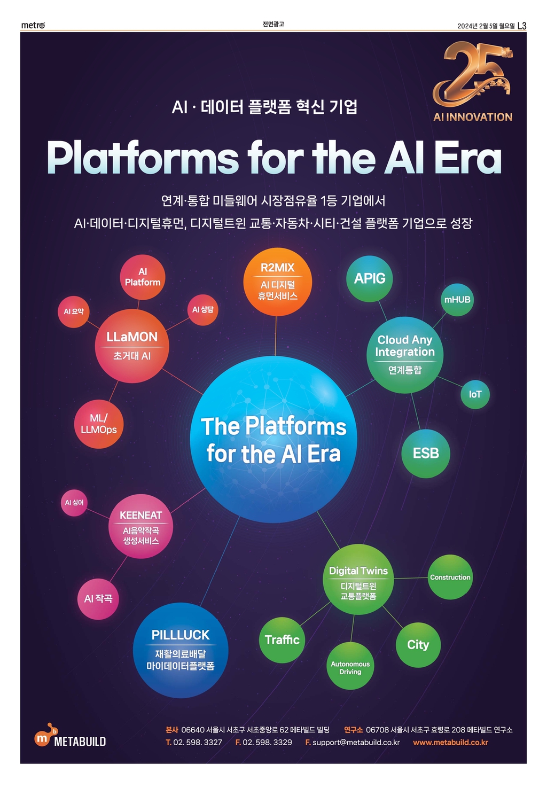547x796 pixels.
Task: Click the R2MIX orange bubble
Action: pos(277,282)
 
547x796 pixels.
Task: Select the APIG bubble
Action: pos(370,279)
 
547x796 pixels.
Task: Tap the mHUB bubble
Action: pos(457,300)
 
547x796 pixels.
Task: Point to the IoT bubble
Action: pos(475,394)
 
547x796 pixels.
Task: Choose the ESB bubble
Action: pos(426,454)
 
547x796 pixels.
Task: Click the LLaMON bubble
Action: pos(132,346)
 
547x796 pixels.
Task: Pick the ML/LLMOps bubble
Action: pos(99,424)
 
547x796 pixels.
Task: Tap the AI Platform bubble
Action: pos(143,277)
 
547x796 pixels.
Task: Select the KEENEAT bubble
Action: pos(140,526)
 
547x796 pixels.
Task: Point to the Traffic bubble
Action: pos(282,640)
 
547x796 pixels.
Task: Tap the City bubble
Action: pos(418,645)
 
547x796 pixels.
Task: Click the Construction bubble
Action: pos(450,577)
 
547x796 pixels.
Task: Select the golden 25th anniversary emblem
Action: pos(473,81)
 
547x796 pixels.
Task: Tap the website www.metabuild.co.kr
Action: pos(450,743)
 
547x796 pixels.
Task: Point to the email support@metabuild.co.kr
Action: pos(356,743)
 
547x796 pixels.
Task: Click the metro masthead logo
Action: pos(33,25)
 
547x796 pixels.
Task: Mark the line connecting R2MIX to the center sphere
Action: pos(276,336)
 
